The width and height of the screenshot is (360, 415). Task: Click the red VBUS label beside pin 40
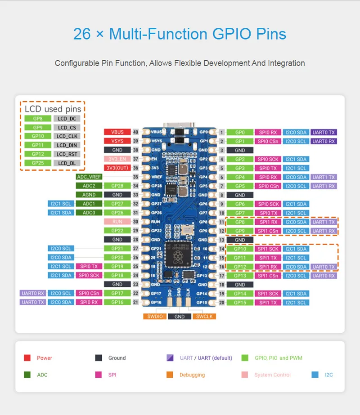[x=117, y=132]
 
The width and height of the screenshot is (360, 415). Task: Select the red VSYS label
[x=117, y=141]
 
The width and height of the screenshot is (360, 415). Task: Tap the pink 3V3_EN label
[x=117, y=159]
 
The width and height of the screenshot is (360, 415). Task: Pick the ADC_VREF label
[x=89, y=177]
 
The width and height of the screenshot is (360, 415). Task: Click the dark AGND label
[x=89, y=195]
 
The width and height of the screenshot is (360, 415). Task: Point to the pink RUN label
[x=117, y=222]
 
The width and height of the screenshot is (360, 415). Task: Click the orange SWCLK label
[x=204, y=317]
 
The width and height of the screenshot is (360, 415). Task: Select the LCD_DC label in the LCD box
[x=67, y=119]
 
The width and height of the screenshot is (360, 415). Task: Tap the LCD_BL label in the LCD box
[x=67, y=163]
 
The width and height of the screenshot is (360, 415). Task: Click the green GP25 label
[x=38, y=163]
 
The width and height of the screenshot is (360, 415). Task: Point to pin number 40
[x=135, y=132]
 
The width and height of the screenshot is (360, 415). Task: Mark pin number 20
[x=222, y=303]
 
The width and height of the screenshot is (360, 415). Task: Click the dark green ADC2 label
[x=89, y=186]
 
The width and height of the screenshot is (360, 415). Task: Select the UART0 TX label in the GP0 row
[x=324, y=132]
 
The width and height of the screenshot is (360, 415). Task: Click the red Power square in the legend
[x=27, y=358]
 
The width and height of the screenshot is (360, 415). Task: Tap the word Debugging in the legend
[x=192, y=375]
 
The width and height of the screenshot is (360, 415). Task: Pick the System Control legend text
[x=272, y=375]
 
